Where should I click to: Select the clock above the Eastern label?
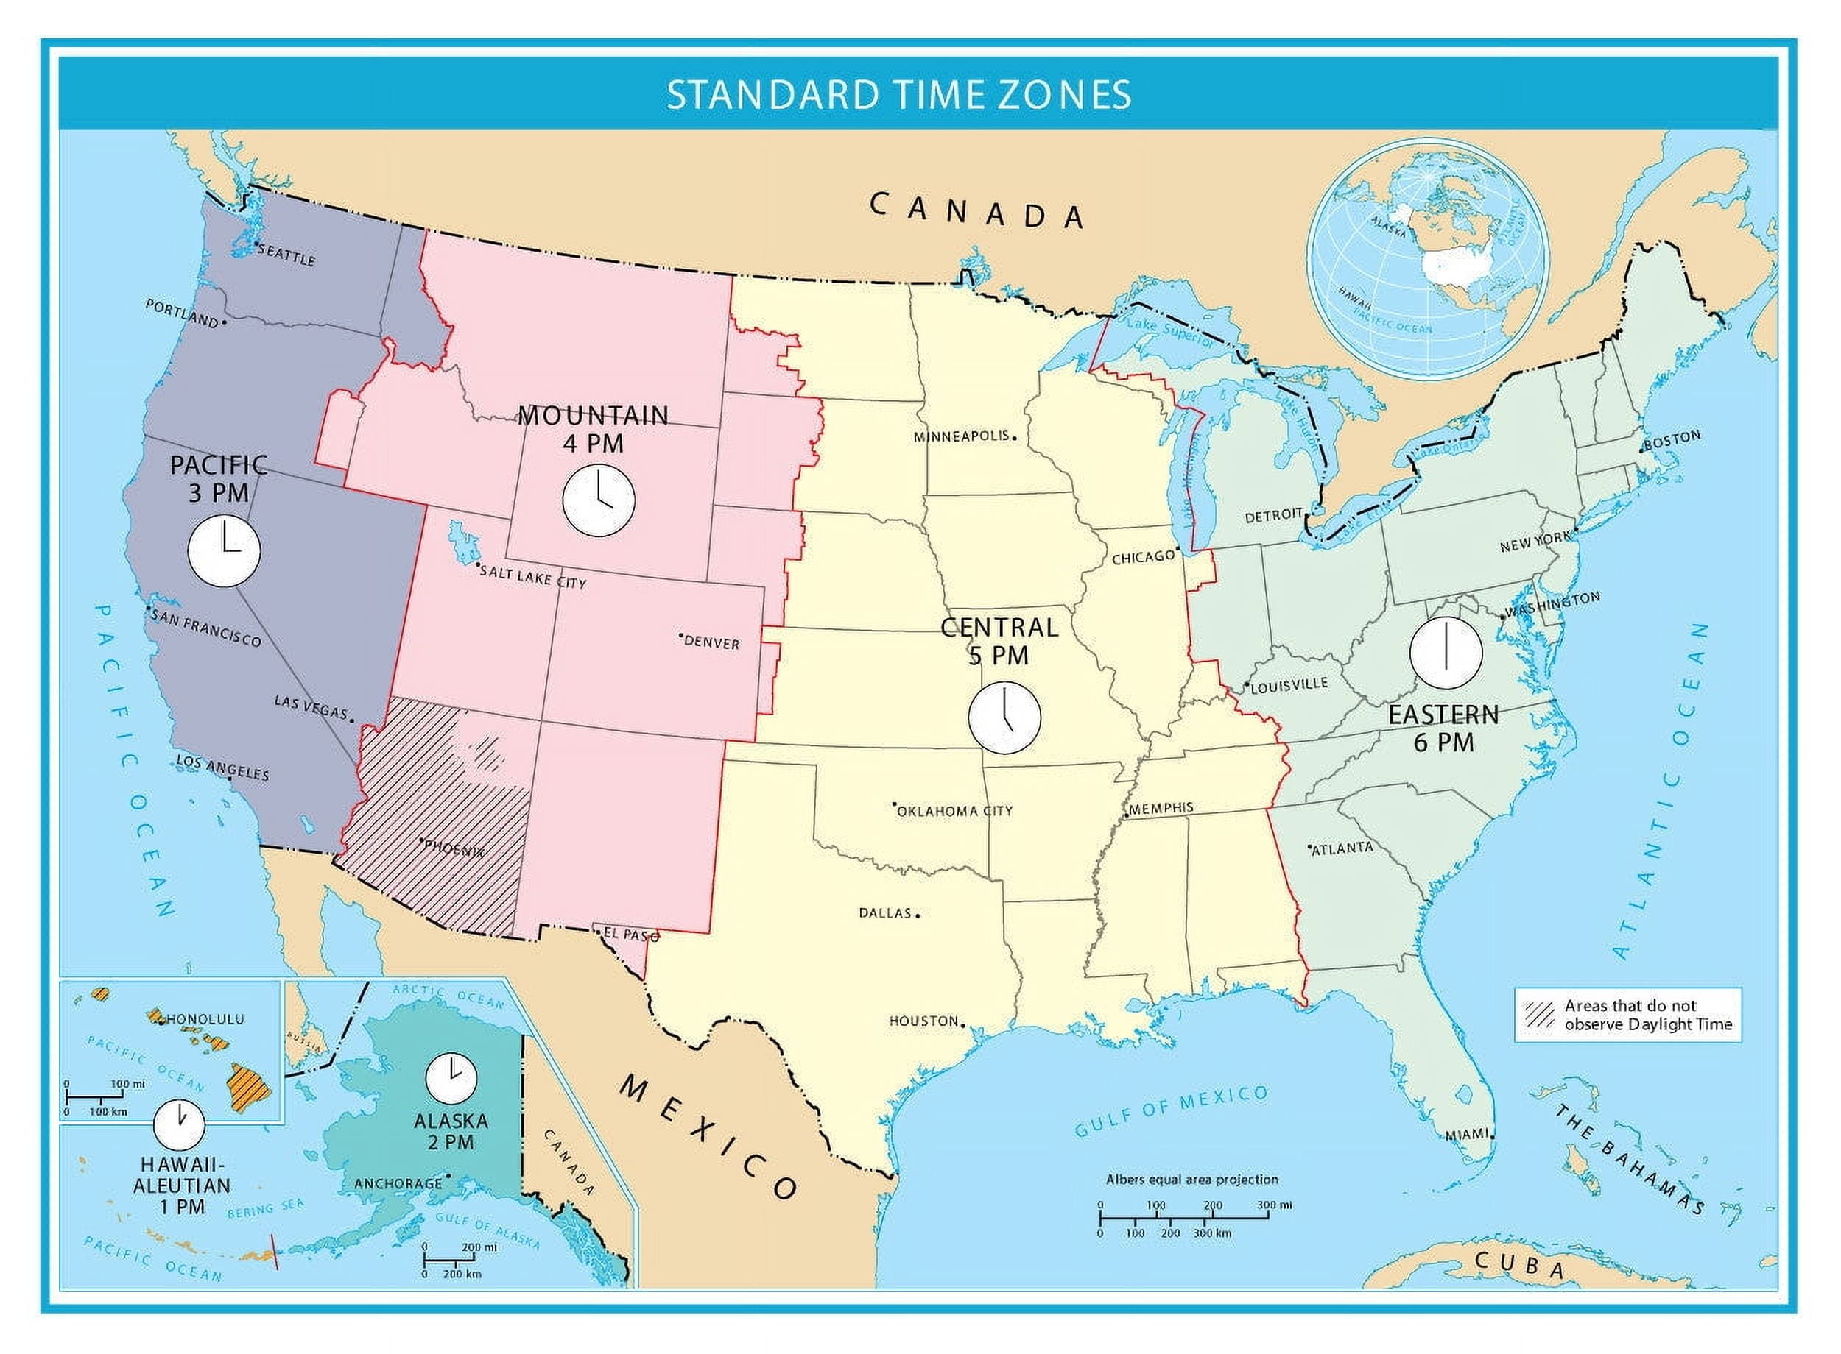1446,653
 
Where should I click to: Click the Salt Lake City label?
533,577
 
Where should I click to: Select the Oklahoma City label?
954,811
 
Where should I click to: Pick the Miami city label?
1465,1133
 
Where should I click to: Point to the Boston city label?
1673,440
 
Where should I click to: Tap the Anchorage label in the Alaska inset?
398,1183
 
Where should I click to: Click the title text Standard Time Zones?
898,94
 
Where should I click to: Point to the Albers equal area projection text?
1192,1180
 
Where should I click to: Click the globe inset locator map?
1428,256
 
